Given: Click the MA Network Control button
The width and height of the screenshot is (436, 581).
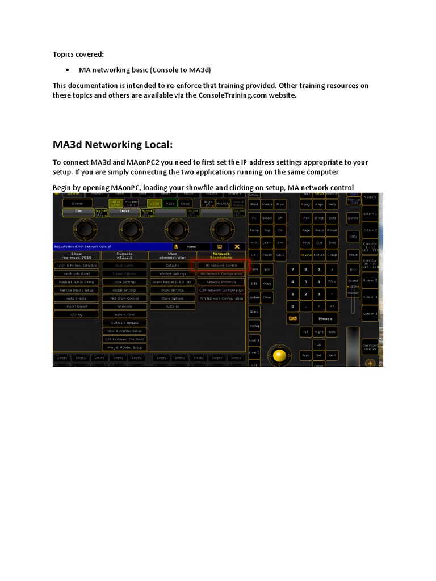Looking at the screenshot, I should pos(221,265).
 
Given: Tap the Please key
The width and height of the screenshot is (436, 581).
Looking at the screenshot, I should pos(325,319).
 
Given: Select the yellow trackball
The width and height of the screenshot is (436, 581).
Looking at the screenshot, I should pos(279,355).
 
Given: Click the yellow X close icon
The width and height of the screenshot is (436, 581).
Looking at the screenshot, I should pos(237,246).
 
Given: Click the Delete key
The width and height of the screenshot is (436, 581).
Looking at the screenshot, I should pos(353,217).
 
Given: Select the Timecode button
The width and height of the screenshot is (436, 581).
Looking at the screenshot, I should pos(124,306).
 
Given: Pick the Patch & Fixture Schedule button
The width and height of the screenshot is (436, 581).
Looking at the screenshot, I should pos(76,265).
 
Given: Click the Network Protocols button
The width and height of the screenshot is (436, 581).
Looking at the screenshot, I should pos(221,282).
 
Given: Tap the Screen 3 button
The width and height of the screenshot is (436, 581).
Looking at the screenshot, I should pos(370,297).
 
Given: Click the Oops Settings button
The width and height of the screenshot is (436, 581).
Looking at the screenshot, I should pos(172,290).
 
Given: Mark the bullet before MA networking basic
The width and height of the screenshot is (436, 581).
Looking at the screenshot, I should pos(68,70).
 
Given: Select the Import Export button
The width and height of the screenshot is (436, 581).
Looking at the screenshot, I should pos(76,306).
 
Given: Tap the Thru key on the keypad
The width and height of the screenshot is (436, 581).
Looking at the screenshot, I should pos(332,281).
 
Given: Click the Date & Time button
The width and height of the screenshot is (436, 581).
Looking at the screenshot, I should pos(124,314).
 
